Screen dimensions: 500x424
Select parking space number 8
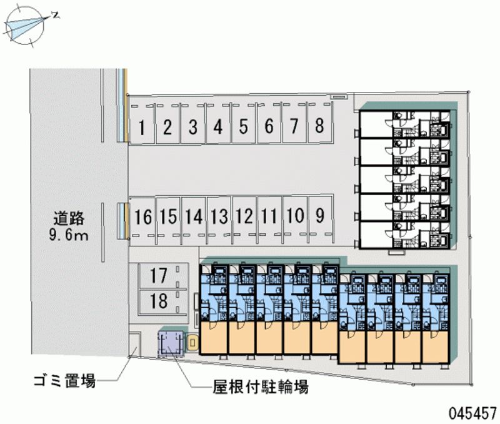point(319,125)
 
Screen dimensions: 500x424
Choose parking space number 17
point(159,276)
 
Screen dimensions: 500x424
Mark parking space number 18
point(159,301)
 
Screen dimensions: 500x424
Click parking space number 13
point(219,216)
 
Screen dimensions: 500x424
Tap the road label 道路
point(69,219)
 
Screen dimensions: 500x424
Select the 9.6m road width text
point(69,235)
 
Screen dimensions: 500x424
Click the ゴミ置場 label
point(65,381)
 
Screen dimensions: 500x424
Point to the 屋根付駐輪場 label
point(261,386)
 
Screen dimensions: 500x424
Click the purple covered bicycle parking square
point(171,343)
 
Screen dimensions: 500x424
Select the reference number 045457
point(473,413)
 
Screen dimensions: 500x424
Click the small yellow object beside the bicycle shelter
point(192,343)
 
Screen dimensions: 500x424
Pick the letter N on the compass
point(56,15)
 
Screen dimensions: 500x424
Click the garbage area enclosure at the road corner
point(135,344)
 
